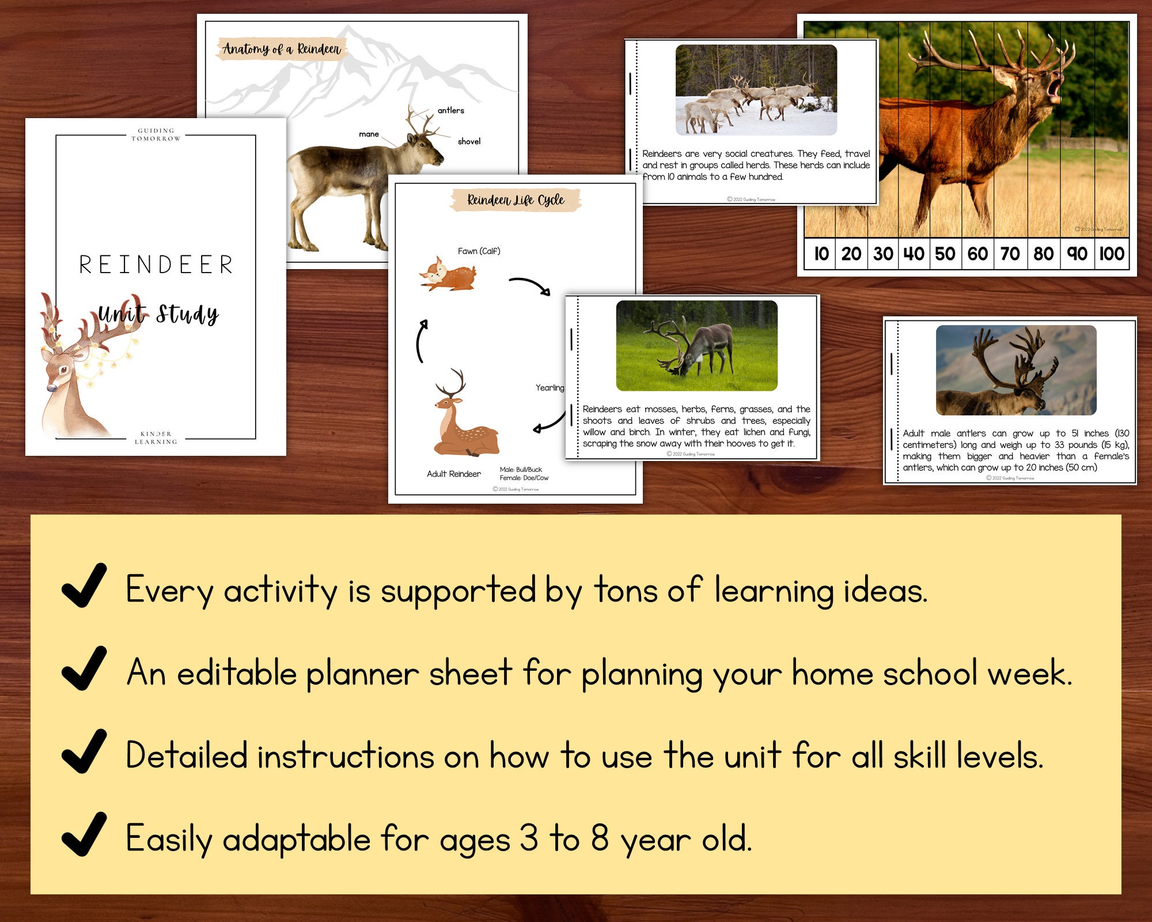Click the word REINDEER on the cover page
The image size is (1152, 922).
156,265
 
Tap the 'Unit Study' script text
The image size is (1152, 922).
158,314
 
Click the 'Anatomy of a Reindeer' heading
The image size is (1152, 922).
282,49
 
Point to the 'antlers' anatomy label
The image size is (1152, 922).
450,111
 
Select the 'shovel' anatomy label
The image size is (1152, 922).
469,142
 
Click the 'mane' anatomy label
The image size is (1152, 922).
369,134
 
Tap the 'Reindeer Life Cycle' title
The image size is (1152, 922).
516,200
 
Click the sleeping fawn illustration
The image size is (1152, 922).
448,275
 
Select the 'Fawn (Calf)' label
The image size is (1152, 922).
479,251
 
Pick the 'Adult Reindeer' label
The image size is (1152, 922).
453,474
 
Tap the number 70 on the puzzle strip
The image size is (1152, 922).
1010,254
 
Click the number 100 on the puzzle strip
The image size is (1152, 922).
1111,254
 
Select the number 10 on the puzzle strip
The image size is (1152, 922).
821,254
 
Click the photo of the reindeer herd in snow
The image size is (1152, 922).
756,90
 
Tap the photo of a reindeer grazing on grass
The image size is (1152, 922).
696,345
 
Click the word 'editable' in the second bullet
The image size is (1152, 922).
236,673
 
